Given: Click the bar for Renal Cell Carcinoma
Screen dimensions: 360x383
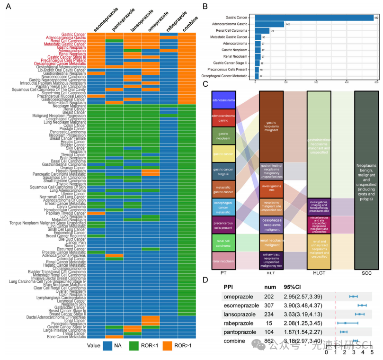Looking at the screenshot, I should click(x=262, y=31).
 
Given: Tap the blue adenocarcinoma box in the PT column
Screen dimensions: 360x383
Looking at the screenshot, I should click(x=224, y=100).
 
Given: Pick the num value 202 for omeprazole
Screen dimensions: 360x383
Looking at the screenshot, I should click(x=270, y=297).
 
